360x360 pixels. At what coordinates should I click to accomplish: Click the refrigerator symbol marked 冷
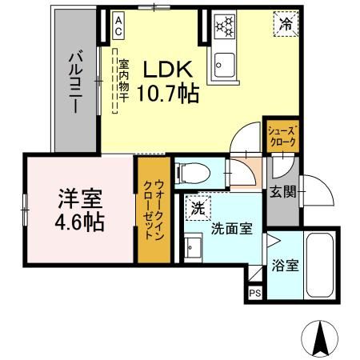point(284,23)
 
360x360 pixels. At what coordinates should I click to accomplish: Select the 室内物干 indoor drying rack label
point(124,80)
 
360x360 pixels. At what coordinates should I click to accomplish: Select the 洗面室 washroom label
point(232,228)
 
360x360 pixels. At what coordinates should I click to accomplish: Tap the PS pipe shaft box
point(255,294)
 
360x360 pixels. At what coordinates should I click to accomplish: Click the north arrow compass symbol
point(321,338)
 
